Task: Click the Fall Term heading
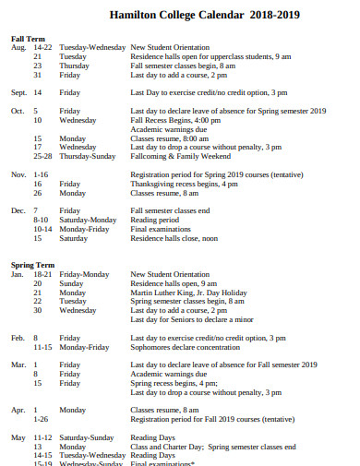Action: (28, 38)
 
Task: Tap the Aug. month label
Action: (18, 46)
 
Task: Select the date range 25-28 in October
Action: (42, 155)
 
